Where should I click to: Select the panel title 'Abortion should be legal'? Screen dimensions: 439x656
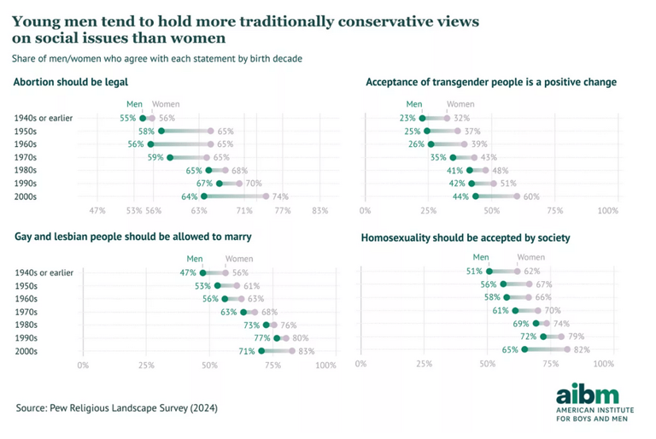71,82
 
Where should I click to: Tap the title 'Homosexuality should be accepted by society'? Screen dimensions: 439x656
465,237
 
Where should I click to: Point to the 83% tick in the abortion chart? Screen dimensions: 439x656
320,210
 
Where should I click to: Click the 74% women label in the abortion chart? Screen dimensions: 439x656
280,196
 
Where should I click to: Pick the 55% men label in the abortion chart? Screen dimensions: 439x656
128,118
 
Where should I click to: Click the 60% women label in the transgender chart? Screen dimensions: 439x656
531,196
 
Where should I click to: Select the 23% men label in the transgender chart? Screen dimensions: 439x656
407,118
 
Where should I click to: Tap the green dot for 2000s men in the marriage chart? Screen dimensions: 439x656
262,351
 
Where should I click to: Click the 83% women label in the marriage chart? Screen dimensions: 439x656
307,351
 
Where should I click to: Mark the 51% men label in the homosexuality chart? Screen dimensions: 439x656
475,272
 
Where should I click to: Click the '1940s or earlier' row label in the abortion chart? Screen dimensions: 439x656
44,118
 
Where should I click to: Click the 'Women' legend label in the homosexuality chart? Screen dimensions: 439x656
530,257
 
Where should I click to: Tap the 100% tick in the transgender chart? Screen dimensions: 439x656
607,210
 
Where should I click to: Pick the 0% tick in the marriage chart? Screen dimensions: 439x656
83,365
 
